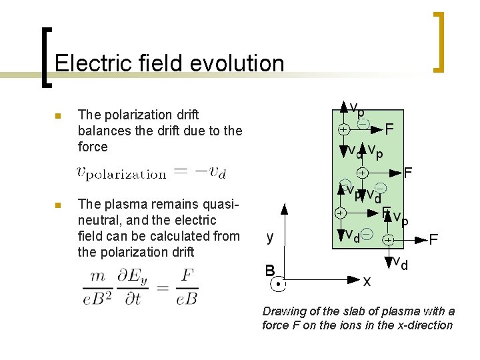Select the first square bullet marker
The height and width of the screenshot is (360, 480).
[58, 117]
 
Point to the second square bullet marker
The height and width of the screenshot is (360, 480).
[58, 205]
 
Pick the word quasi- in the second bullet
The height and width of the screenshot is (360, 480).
[221, 204]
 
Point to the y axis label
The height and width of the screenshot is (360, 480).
[269, 237]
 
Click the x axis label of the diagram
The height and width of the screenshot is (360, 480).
[366, 281]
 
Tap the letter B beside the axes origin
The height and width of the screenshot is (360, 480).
[270, 271]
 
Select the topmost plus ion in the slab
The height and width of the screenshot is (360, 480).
[342, 129]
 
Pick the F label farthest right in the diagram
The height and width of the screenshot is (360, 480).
[434, 239]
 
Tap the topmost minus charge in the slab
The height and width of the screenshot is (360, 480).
[364, 124]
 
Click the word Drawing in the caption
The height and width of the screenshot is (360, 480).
[283, 311]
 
